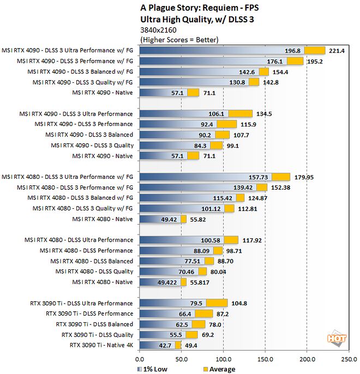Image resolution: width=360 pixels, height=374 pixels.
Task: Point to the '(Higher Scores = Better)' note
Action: tap(179, 40)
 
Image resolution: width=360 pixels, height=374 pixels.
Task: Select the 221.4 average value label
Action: tap(336, 51)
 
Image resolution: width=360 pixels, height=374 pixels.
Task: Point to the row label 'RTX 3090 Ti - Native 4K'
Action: tap(101, 345)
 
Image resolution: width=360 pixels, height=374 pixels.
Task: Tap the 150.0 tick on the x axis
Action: tap(265, 359)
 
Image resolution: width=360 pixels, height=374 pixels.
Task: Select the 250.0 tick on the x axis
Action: tap(349, 359)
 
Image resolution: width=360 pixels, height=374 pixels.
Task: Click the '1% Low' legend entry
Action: tap(153, 369)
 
